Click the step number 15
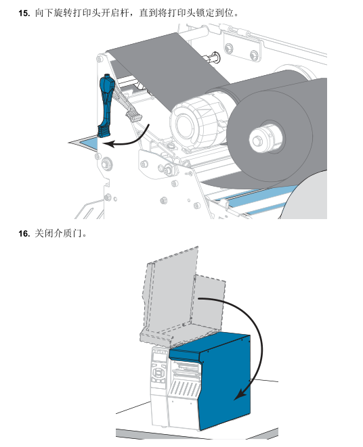click(x=24, y=13)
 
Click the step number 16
click(x=24, y=234)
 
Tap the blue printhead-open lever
click(x=106, y=105)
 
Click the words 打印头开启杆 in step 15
click(x=101, y=13)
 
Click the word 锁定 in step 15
click(x=205, y=13)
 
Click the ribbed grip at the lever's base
click(x=104, y=132)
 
